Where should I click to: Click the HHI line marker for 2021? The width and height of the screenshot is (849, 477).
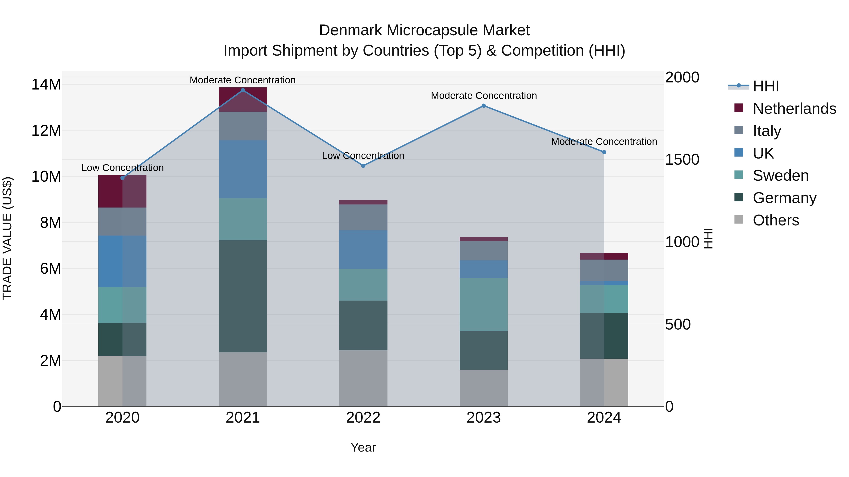(243, 90)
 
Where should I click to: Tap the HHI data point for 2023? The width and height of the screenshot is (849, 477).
(483, 106)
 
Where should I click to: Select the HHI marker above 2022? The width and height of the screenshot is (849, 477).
(363, 166)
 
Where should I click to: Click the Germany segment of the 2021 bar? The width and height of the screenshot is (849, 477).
(243, 296)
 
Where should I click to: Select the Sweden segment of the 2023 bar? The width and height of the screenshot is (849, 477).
(483, 305)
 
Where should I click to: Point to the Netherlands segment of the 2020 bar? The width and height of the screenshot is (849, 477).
(122, 191)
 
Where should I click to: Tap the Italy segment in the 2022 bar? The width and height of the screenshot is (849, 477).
(363, 217)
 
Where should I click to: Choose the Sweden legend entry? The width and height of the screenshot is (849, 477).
(780, 175)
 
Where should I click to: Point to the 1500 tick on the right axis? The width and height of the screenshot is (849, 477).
(682, 160)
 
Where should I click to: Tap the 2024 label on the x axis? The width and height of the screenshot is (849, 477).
(604, 418)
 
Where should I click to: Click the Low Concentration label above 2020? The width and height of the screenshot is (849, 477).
(122, 168)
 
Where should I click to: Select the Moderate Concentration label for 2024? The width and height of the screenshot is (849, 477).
(604, 142)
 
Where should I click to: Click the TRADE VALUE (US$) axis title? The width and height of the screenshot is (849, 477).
(7, 238)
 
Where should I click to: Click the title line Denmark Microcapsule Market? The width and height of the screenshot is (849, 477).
(424, 30)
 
